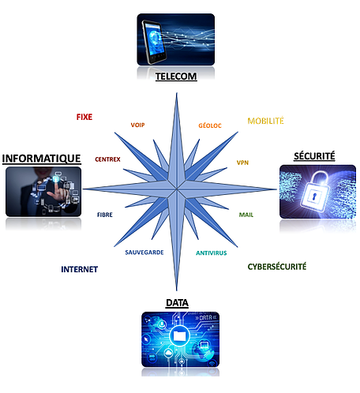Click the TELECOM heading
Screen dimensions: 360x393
176,77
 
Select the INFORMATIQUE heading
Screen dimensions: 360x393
42,159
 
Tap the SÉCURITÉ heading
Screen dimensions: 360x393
314,155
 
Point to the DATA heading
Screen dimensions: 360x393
177,303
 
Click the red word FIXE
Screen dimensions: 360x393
84,117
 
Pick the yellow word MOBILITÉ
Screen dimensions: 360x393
265,121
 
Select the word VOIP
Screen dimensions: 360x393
137,125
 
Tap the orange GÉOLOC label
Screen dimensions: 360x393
210,125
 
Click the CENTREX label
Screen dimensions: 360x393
107,159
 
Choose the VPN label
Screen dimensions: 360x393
242,163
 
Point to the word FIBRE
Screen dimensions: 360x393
105,215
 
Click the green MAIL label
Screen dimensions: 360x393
246,215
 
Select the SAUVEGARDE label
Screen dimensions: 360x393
144,253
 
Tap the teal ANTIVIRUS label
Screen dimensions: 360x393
212,253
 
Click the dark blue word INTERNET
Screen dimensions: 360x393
80,269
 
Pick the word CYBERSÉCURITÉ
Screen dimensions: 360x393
277,267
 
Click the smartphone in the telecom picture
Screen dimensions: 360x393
154,42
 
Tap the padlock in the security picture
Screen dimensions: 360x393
316,193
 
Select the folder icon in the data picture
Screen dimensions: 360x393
180,335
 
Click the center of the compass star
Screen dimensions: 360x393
177,189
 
